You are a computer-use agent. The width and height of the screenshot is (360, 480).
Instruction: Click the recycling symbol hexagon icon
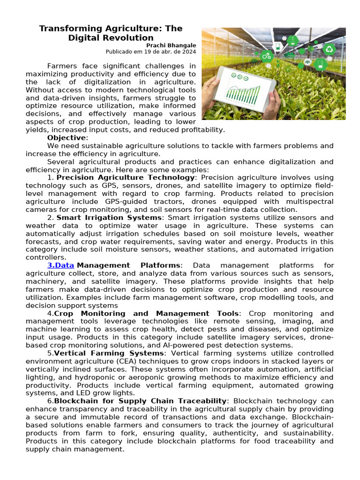[x=330, y=49]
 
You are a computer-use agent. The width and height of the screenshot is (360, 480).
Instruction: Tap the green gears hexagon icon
[x=267, y=56]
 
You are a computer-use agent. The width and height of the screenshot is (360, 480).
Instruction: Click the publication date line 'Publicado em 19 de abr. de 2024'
[x=150, y=52]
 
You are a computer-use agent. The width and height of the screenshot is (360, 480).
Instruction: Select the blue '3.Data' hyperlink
[x=60, y=265]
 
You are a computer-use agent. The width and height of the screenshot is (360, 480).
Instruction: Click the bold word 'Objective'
[x=67, y=138]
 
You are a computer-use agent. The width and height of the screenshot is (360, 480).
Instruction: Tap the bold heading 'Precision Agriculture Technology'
[x=125, y=178]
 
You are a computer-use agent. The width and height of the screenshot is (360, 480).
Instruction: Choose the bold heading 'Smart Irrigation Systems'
[x=109, y=217]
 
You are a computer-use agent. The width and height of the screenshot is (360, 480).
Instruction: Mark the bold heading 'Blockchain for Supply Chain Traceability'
[x=140, y=401]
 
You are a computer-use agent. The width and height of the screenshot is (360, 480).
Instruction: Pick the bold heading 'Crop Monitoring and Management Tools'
[x=147, y=313]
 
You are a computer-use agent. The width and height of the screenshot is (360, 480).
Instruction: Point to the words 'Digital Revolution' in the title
[x=111, y=38]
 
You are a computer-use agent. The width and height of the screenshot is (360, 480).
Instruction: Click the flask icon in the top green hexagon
[x=293, y=40]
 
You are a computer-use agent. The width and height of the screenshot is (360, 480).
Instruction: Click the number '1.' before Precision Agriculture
[x=51, y=178]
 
